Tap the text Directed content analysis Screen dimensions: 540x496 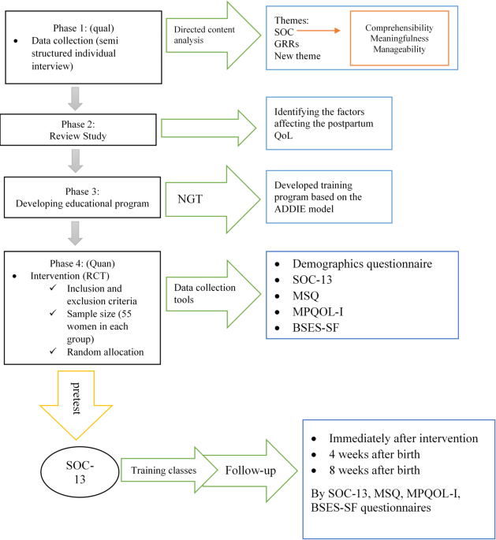[x=203, y=35]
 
